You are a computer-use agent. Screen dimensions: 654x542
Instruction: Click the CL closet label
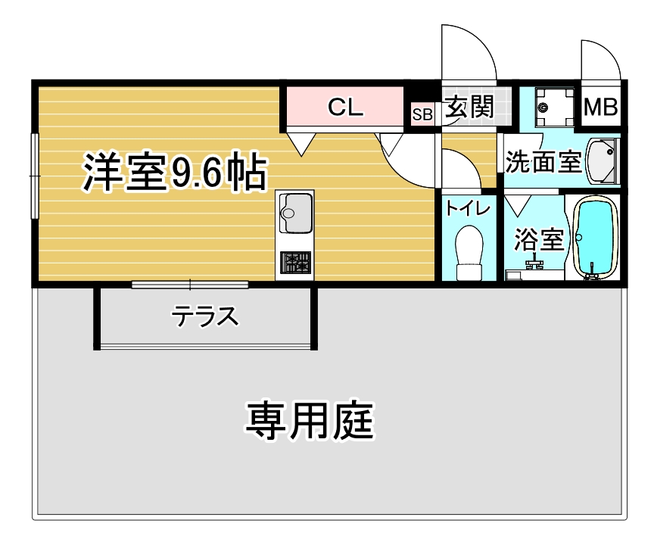pyautogui.click(x=345, y=107)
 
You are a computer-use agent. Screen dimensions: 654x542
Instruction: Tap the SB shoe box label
pyautogui.click(x=422, y=114)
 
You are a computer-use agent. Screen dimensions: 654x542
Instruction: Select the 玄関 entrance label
pyautogui.click(x=469, y=107)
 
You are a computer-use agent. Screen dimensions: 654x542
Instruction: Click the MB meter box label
pyautogui.click(x=600, y=107)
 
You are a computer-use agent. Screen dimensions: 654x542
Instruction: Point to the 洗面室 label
pyautogui.click(x=543, y=161)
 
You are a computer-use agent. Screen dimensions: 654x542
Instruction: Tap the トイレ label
pyautogui.click(x=468, y=208)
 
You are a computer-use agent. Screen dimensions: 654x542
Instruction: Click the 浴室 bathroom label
pyautogui.click(x=539, y=239)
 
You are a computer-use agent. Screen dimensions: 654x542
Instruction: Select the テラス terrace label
pyautogui.click(x=205, y=316)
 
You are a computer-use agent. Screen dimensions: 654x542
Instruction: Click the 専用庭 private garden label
pyautogui.click(x=310, y=421)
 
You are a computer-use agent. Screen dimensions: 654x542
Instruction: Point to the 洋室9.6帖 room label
pyautogui.click(x=175, y=172)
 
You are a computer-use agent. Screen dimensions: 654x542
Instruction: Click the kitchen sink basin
pyautogui.click(x=295, y=213)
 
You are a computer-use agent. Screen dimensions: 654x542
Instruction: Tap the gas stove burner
pyautogui.click(x=295, y=263)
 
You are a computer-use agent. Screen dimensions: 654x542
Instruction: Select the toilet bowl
pyautogui.click(x=469, y=253)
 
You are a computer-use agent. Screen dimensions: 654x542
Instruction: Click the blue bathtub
pyautogui.click(x=596, y=237)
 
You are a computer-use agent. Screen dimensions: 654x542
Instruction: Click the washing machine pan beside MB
pyautogui.click(x=555, y=107)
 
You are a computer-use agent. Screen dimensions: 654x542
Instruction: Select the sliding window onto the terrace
pyautogui.click(x=190, y=285)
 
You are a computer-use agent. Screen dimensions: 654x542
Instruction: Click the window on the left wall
pyautogui.click(x=35, y=176)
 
